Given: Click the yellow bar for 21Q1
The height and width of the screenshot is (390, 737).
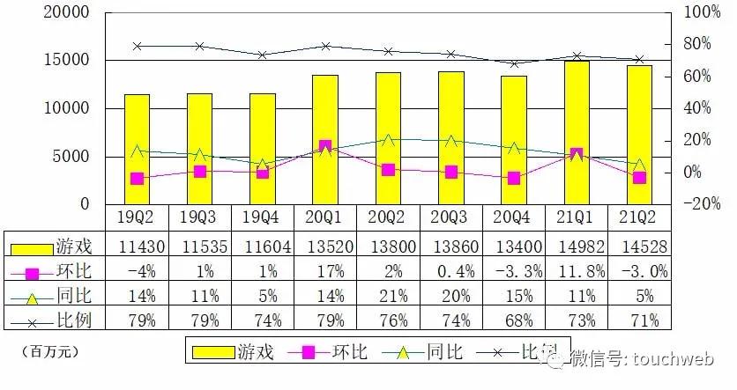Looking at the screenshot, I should point(577,132).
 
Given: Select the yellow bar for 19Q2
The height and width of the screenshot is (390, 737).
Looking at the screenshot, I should point(137,149).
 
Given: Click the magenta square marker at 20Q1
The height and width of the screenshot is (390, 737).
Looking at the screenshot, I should point(325,147).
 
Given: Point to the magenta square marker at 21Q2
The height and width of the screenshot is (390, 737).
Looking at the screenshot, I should point(640,178).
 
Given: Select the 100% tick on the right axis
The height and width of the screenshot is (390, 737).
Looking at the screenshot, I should point(702,13).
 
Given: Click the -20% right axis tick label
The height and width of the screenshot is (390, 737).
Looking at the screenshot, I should point(702,204).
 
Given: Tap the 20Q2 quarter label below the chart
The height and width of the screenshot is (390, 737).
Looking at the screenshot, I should point(388,217).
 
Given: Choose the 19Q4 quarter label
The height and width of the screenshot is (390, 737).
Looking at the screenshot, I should point(263,217).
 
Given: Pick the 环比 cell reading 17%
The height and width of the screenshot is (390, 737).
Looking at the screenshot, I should point(325,270).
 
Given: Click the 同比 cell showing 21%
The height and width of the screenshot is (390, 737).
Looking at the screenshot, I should point(388,296).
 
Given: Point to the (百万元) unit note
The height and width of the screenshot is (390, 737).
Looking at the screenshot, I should point(49,351).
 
